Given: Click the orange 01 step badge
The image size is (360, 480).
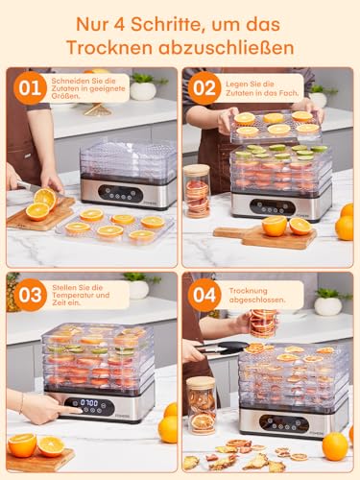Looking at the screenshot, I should click(x=30, y=88).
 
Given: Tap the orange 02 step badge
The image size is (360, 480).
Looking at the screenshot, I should click(x=204, y=88).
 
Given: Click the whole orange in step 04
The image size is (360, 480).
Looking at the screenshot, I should click(x=335, y=445).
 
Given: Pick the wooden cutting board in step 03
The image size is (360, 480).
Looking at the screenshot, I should click(x=38, y=460).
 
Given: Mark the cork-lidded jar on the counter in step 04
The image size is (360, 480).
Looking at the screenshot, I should click(x=202, y=403).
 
